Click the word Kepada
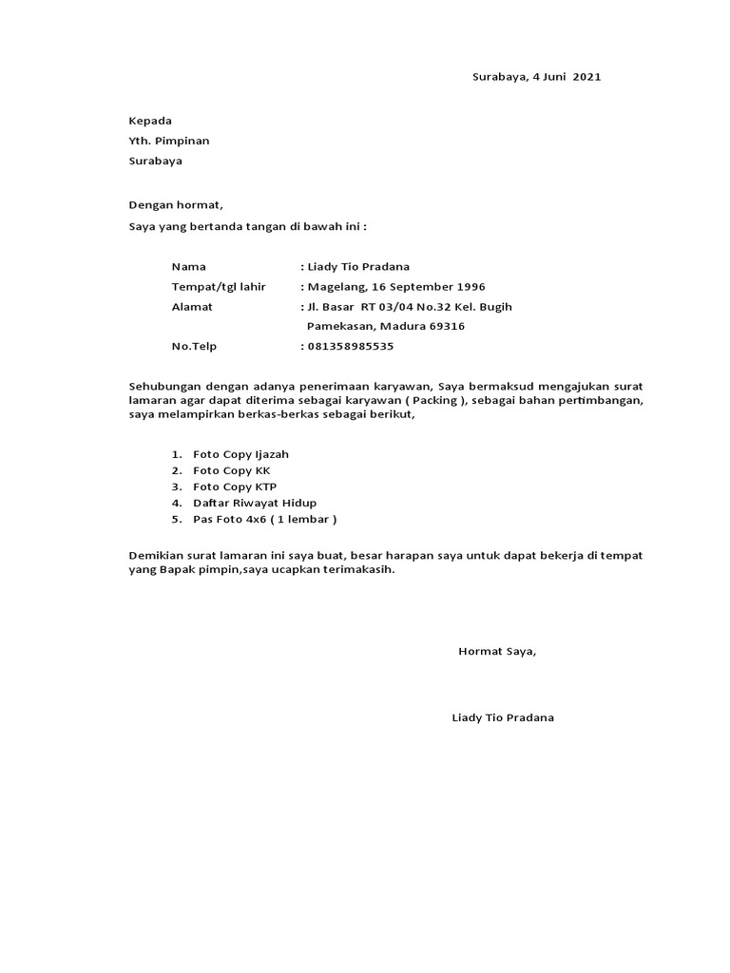pos(150,121)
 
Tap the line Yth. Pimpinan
pos(169,141)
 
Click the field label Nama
pos(188,267)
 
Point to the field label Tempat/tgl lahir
pos(219,287)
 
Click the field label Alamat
pos(192,307)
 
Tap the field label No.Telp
pos(194,347)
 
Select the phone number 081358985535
pos(350,347)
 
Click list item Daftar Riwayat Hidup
pos(255,504)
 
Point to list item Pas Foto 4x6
pos(230,520)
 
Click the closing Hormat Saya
pos(497,652)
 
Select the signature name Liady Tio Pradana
pos(503,717)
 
